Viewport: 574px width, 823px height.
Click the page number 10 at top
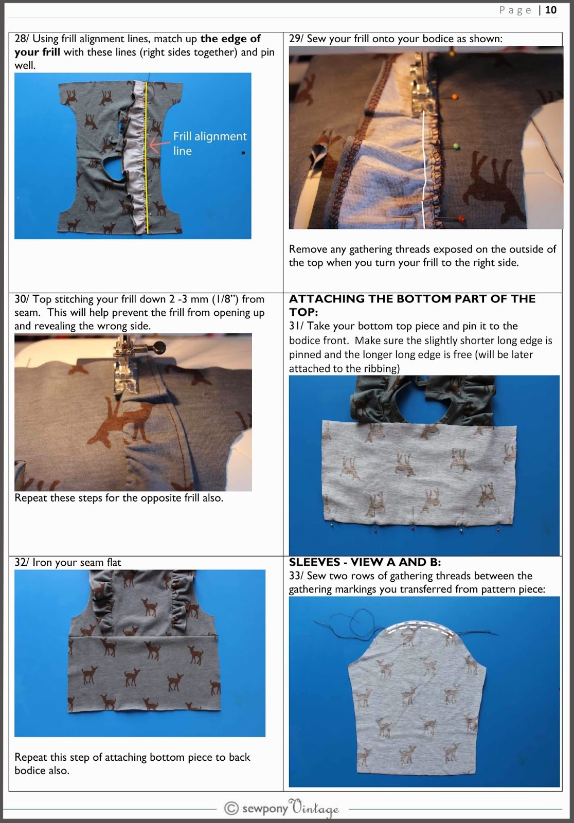(x=551, y=10)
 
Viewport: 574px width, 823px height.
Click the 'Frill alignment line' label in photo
(x=209, y=144)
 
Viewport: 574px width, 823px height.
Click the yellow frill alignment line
(x=147, y=170)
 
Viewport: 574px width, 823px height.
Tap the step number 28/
(x=22, y=39)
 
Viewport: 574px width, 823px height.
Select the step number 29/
(x=296, y=39)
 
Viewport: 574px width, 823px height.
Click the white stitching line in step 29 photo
(x=424, y=154)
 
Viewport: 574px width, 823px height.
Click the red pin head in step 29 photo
(x=460, y=219)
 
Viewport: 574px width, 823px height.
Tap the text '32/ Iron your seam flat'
(x=67, y=562)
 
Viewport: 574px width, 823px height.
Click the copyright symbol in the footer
(x=231, y=808)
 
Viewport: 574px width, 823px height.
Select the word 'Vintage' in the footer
(x=314, y=808)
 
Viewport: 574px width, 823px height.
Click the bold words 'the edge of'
(x=230, y=39)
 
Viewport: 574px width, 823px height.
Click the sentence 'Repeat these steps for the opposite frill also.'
(x=119, y=498)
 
